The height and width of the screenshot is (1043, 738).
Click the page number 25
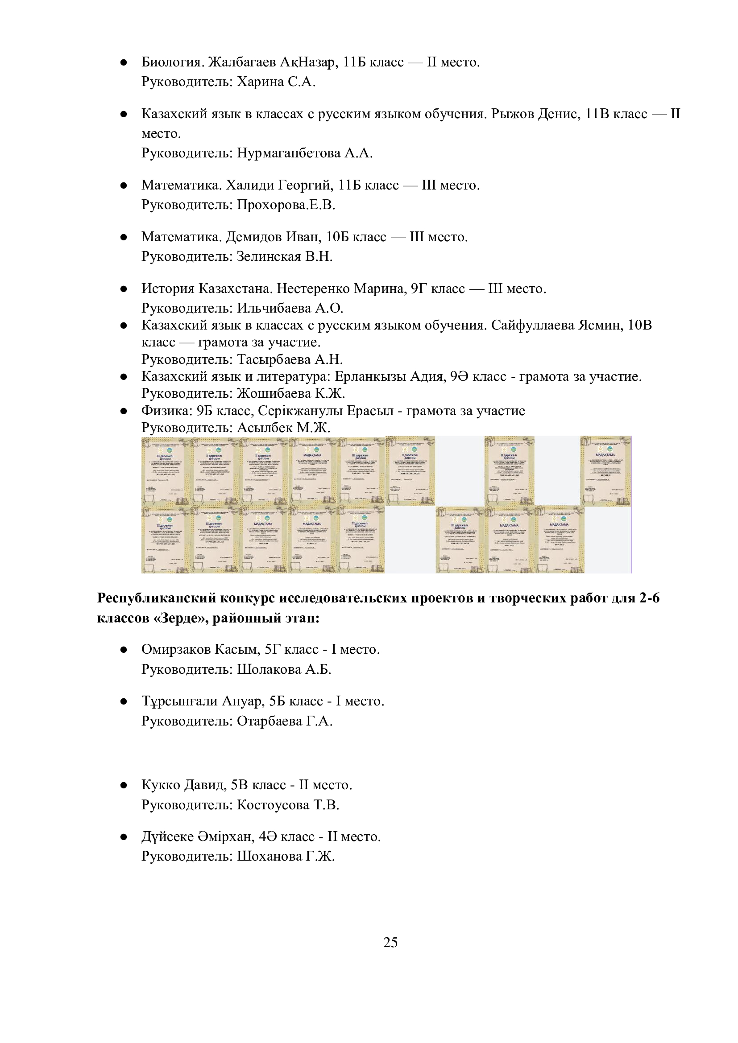[x=390, y=942]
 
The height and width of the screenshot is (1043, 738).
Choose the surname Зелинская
[x=269, y=257]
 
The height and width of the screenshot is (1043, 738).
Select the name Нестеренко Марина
[x=341, y=289]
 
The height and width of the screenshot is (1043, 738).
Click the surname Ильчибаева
[x=274, y=309]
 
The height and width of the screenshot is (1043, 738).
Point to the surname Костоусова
[x=273, y=805]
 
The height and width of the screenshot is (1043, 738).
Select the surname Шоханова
[x=269, y=857]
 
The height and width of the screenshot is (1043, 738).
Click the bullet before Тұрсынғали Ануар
[x=123, y=702]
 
